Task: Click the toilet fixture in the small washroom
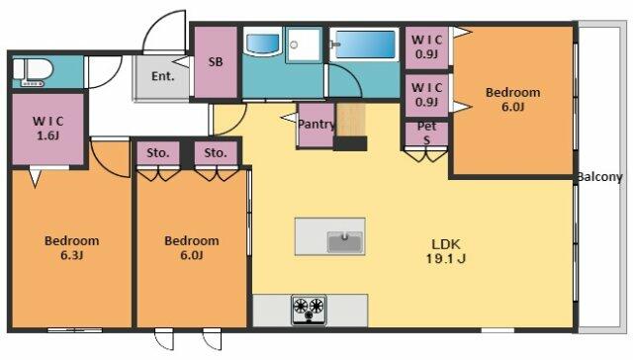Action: tap(33, 72)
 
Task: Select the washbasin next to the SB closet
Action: tap(262, 43)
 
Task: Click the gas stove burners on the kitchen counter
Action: tap(310, 310)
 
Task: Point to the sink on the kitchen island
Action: tap(344, 241)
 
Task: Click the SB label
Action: tap(216, 61)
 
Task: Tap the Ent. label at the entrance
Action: tap(162, 76)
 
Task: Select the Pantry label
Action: tap(316, 125)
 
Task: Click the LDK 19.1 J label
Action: tap(446, 251)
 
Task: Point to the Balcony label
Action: tap(599, 177)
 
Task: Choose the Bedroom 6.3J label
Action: tap(72, 247)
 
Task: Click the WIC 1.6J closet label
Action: tap(48, 128)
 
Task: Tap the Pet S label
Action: tap(426, 133)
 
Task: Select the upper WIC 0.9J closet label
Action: tap(426, 46)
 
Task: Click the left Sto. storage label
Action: tap(158, 153)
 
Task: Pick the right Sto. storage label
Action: tap(216, 153)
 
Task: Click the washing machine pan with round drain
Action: tap(304, 45)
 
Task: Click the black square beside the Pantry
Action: tap(350, 143)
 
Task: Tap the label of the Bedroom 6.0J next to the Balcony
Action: tap(512, 99)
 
